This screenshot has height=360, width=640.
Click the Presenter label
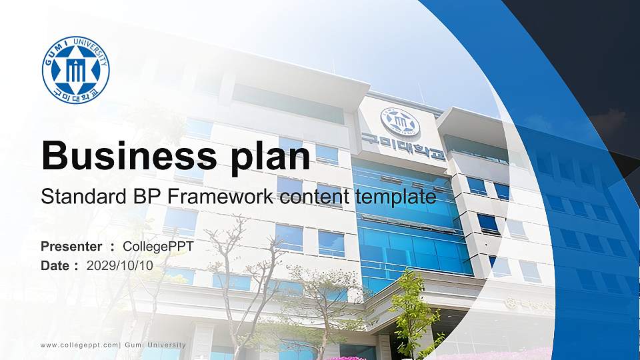pos(71,247)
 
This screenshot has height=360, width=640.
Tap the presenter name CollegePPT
pos(158,247)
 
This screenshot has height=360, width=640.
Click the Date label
pos(55,265)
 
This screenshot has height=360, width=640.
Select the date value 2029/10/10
pos(120,265)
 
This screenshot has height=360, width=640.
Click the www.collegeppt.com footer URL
pos(79,345)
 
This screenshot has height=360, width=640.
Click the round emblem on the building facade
pos(400,123)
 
